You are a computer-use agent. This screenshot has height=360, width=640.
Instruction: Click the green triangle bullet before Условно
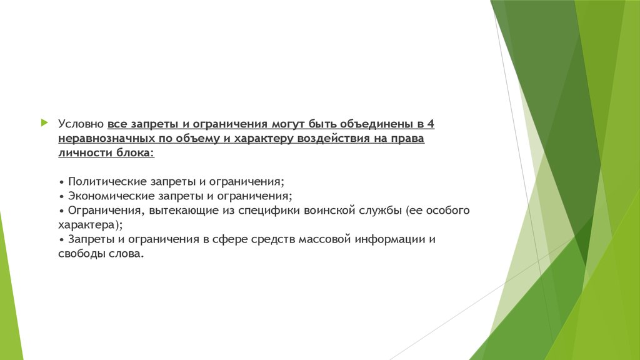click(x=44, y=122)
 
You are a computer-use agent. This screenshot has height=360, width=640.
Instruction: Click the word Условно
click(x=81, y=124)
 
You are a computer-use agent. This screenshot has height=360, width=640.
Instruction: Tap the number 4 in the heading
click(x=431, y=124)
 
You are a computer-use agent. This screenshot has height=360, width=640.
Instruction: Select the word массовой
click(x=325, y=239)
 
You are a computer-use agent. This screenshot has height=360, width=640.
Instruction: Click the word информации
click(x=390, y=239)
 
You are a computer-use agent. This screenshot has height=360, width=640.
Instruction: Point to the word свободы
click(x=82, y=254)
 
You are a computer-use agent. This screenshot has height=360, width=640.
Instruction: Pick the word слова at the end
click(x=125, y=254)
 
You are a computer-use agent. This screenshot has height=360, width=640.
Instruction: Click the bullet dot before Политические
click(x=62, y=182)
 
